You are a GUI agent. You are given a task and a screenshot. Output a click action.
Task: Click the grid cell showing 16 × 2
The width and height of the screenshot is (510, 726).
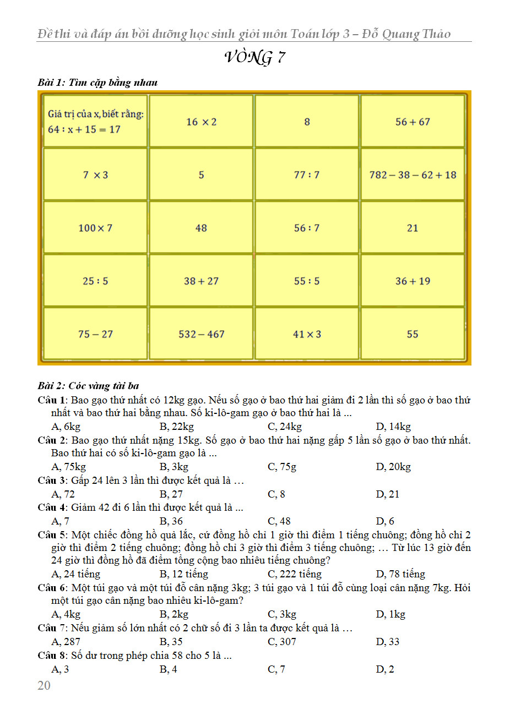coord(201,122)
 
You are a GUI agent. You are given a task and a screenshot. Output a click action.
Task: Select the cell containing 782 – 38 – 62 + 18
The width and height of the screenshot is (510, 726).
coord(413,175)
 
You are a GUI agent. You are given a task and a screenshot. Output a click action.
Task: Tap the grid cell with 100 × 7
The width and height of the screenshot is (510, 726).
coord(95,228)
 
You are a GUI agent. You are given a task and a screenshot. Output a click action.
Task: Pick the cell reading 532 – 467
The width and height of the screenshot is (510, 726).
coord(201,334)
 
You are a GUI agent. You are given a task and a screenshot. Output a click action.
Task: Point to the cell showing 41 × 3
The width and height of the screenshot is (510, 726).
coord(307,334)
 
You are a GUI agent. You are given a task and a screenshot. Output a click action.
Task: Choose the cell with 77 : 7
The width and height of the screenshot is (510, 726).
coord(307,175)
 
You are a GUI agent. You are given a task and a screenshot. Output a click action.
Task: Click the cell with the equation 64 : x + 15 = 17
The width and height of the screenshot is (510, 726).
coord(95,122)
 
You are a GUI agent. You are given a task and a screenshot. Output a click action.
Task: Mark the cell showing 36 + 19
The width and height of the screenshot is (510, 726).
coord(413,281)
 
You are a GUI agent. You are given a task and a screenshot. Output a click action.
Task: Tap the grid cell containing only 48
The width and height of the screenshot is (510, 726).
coord(201,228)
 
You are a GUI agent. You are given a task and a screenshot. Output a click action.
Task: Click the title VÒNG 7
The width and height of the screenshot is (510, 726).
coord(254,57)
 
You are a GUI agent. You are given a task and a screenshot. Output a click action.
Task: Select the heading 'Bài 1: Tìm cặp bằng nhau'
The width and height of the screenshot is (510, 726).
coord(97,83)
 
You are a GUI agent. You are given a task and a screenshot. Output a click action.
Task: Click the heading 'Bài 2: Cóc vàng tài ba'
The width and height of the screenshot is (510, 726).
coord(88,385)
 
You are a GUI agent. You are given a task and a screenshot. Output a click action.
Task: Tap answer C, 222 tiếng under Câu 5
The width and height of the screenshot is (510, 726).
coord(294,574)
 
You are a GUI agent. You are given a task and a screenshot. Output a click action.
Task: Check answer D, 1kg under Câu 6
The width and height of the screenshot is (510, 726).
coord(390,614)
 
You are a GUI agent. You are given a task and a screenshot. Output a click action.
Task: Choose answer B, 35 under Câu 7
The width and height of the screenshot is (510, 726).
coord(171,642)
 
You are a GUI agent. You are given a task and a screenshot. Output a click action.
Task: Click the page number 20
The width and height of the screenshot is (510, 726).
coord(44,685)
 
